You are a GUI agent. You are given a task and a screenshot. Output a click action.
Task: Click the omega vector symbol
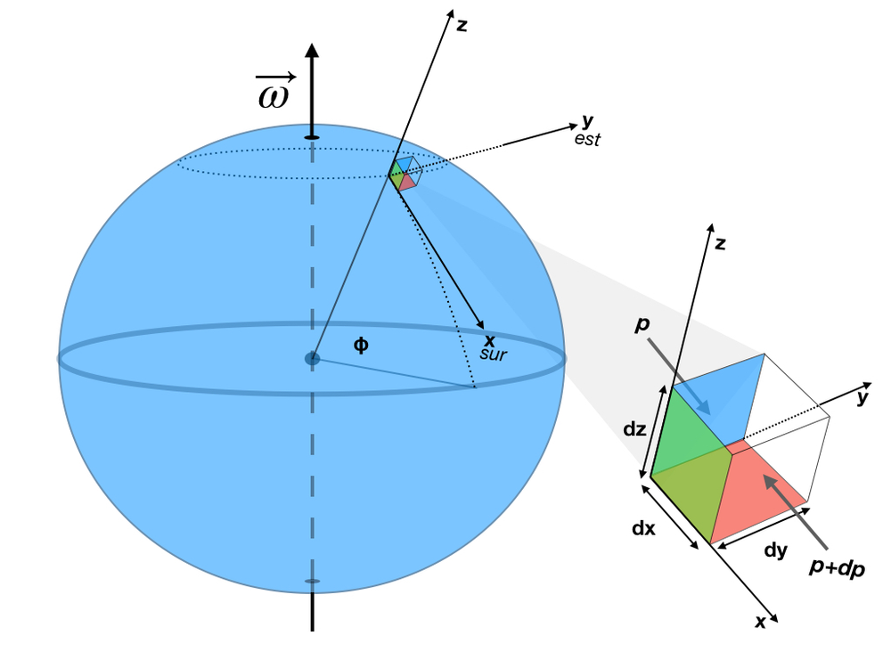coord(274,93)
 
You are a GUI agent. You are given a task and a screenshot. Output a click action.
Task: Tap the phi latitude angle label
coord(361,345)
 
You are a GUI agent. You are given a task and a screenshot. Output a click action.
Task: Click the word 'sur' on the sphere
coord(492,354)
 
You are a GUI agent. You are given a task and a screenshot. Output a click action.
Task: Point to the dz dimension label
coord(634,428)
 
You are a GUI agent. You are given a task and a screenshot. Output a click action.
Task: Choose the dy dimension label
coord(776,550)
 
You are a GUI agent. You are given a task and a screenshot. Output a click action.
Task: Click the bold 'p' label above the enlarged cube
coord(641,324)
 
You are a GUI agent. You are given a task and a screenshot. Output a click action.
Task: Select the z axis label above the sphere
coord(462,26)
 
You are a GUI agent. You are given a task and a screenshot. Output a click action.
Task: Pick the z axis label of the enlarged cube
coord(719,243)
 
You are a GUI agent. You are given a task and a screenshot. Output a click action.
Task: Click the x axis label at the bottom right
coord(760,623)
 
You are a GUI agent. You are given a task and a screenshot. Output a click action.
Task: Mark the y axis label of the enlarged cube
coord(862,398)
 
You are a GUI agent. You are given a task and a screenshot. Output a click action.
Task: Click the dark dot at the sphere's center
coord(312,359)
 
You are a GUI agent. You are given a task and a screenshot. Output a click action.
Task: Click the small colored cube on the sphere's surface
coord(403,175)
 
